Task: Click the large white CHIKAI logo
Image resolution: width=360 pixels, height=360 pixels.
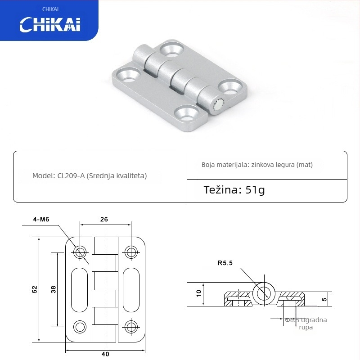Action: click(x=49, y=24)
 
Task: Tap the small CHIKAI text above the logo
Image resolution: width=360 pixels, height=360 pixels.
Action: click(x=50, y=9)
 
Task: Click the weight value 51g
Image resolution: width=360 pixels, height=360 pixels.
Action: click(x=255, y=189)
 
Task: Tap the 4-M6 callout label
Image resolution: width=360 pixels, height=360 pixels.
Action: click(x=41, y=219)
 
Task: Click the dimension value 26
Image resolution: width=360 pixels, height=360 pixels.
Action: click(x=104, y=219)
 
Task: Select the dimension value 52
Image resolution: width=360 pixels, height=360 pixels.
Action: click(x=35, y=290)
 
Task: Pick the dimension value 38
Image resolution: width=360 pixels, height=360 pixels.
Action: click(x=53, y=290)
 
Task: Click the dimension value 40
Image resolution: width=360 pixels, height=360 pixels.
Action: click(x=105, y=354)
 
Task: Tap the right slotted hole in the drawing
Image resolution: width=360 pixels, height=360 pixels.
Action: click(x=131, y=290)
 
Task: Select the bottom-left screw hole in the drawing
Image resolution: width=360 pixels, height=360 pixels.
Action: click(x=81, y=326)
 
